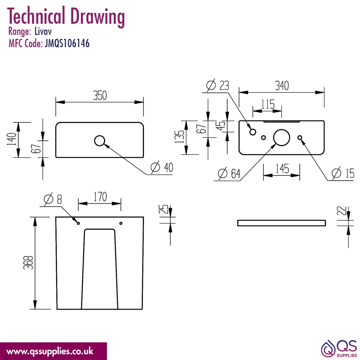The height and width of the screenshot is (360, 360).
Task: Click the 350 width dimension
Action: click(x=100, y=95)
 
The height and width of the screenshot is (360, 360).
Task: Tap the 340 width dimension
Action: click(x=282, y=86)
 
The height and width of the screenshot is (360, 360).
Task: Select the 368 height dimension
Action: click(x=28, y=263)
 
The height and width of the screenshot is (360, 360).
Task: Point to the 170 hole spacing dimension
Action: click(x=100, y=197)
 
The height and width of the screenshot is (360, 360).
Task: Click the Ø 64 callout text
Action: click(x=229, y=174)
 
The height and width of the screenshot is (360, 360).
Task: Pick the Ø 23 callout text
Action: click(x=218, y=85)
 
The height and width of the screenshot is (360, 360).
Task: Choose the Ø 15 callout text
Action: click(x=343, y=173)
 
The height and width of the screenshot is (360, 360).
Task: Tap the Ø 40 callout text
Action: click(x=162, y=167)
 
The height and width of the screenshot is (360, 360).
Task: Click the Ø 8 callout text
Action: click(x=53, y=199)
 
